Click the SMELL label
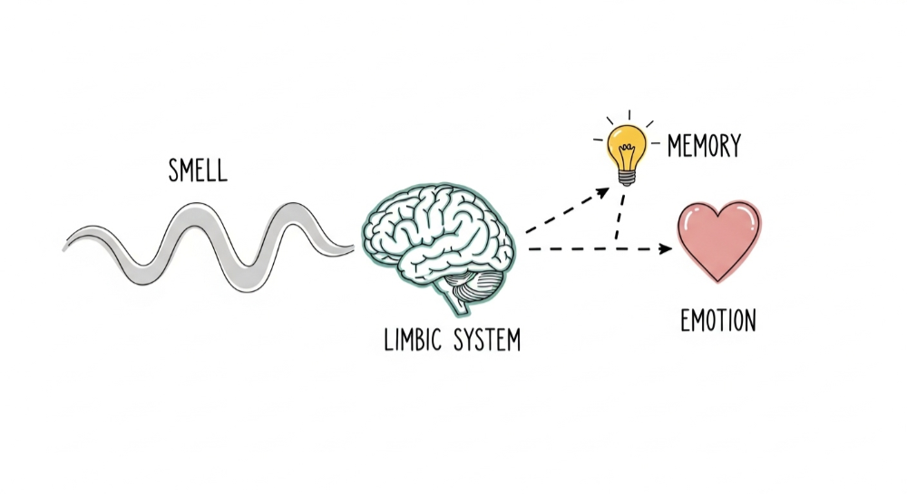pos(198,170)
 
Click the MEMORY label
pos(704,145)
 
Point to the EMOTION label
pos(717,320)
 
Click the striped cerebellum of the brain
pos(476,288)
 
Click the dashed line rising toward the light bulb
pos(562,213)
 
